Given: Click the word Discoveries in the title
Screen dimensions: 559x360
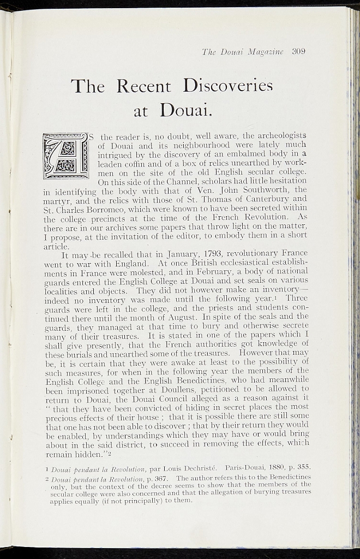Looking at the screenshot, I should (x=227, y=86).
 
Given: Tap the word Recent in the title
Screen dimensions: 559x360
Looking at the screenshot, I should (x=144, y=86).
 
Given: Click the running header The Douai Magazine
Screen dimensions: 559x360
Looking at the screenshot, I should (x=243, y=52).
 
